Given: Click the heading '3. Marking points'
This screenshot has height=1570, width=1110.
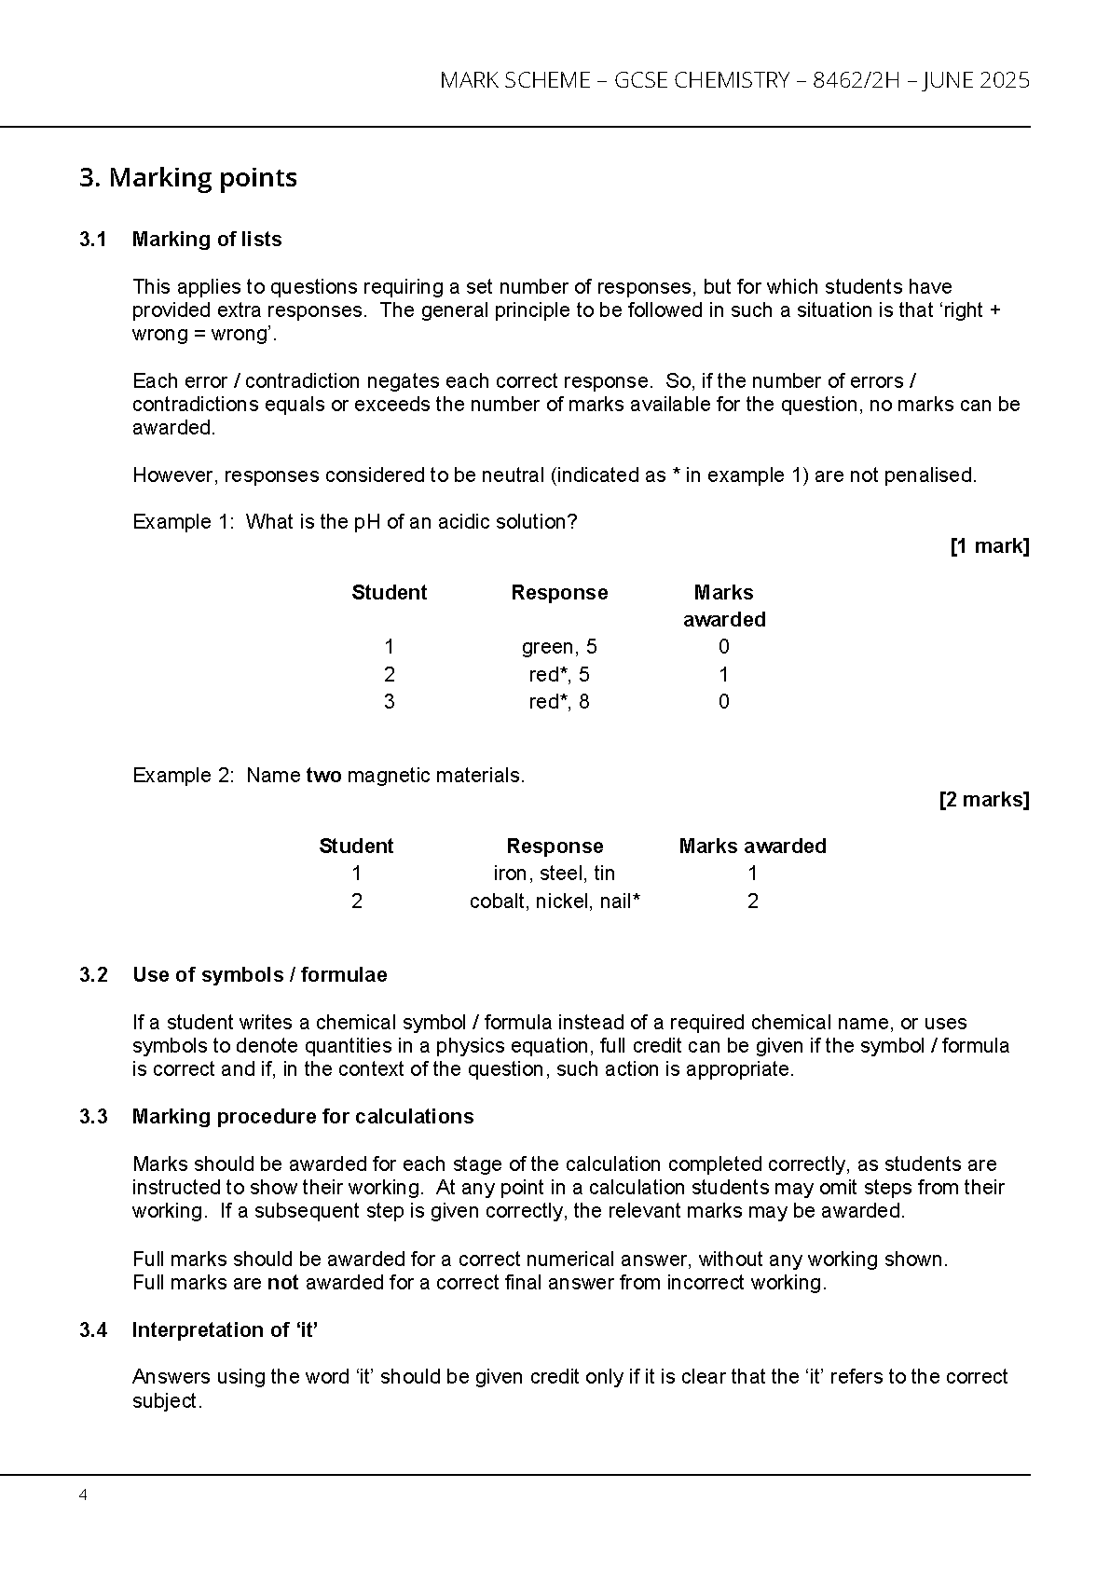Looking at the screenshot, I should pyautogui.click(x=188, y=178).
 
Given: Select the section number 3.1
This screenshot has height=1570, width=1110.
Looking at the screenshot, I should pyautogui.click(x=93, y=240).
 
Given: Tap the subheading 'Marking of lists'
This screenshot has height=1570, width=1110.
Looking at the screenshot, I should pyautogui.click(x=207, y=240).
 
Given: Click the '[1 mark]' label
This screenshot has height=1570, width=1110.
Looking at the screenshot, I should pyautogui.click(x=989, y=546).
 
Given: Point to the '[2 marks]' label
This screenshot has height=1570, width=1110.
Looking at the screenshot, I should pyautogui.click(x=983, y=800).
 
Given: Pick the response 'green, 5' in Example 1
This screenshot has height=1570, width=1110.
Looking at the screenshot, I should pyautogui.click(x=559, y=647).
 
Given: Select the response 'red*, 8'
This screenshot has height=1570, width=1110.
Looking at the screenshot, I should pyautogui.click(x=559, y=702).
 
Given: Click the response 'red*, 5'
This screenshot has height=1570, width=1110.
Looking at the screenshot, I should pyautogui.click(x=559, y=675).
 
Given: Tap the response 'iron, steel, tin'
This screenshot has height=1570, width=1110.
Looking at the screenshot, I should pyautogui.click(x=555, y=874).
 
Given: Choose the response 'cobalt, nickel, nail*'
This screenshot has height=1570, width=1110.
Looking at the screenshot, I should pyautogui.click(x=555, y=902).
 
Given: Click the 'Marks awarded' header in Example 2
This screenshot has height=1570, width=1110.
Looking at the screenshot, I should pyautogui.click(x=752, y=847).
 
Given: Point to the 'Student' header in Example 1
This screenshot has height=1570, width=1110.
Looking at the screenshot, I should pyautogui.click(x=389, y=593).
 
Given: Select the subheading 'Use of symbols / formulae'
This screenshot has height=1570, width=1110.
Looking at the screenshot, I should pyautogui.click(x=259, y=975).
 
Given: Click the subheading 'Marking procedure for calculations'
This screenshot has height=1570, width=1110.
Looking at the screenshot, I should pyautogui.click(x=303, y=1117).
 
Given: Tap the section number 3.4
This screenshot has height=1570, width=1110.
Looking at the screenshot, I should pyautogui.click(x=93, y=1330).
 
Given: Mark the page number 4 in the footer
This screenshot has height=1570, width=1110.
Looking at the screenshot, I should pyautogui.click(x=84, y=1495).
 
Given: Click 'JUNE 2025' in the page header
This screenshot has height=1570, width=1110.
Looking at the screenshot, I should pyautogui.click(x=976, y=81).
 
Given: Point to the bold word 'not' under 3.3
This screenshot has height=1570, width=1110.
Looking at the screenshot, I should pyautogui.click(x=282, y=1283).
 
